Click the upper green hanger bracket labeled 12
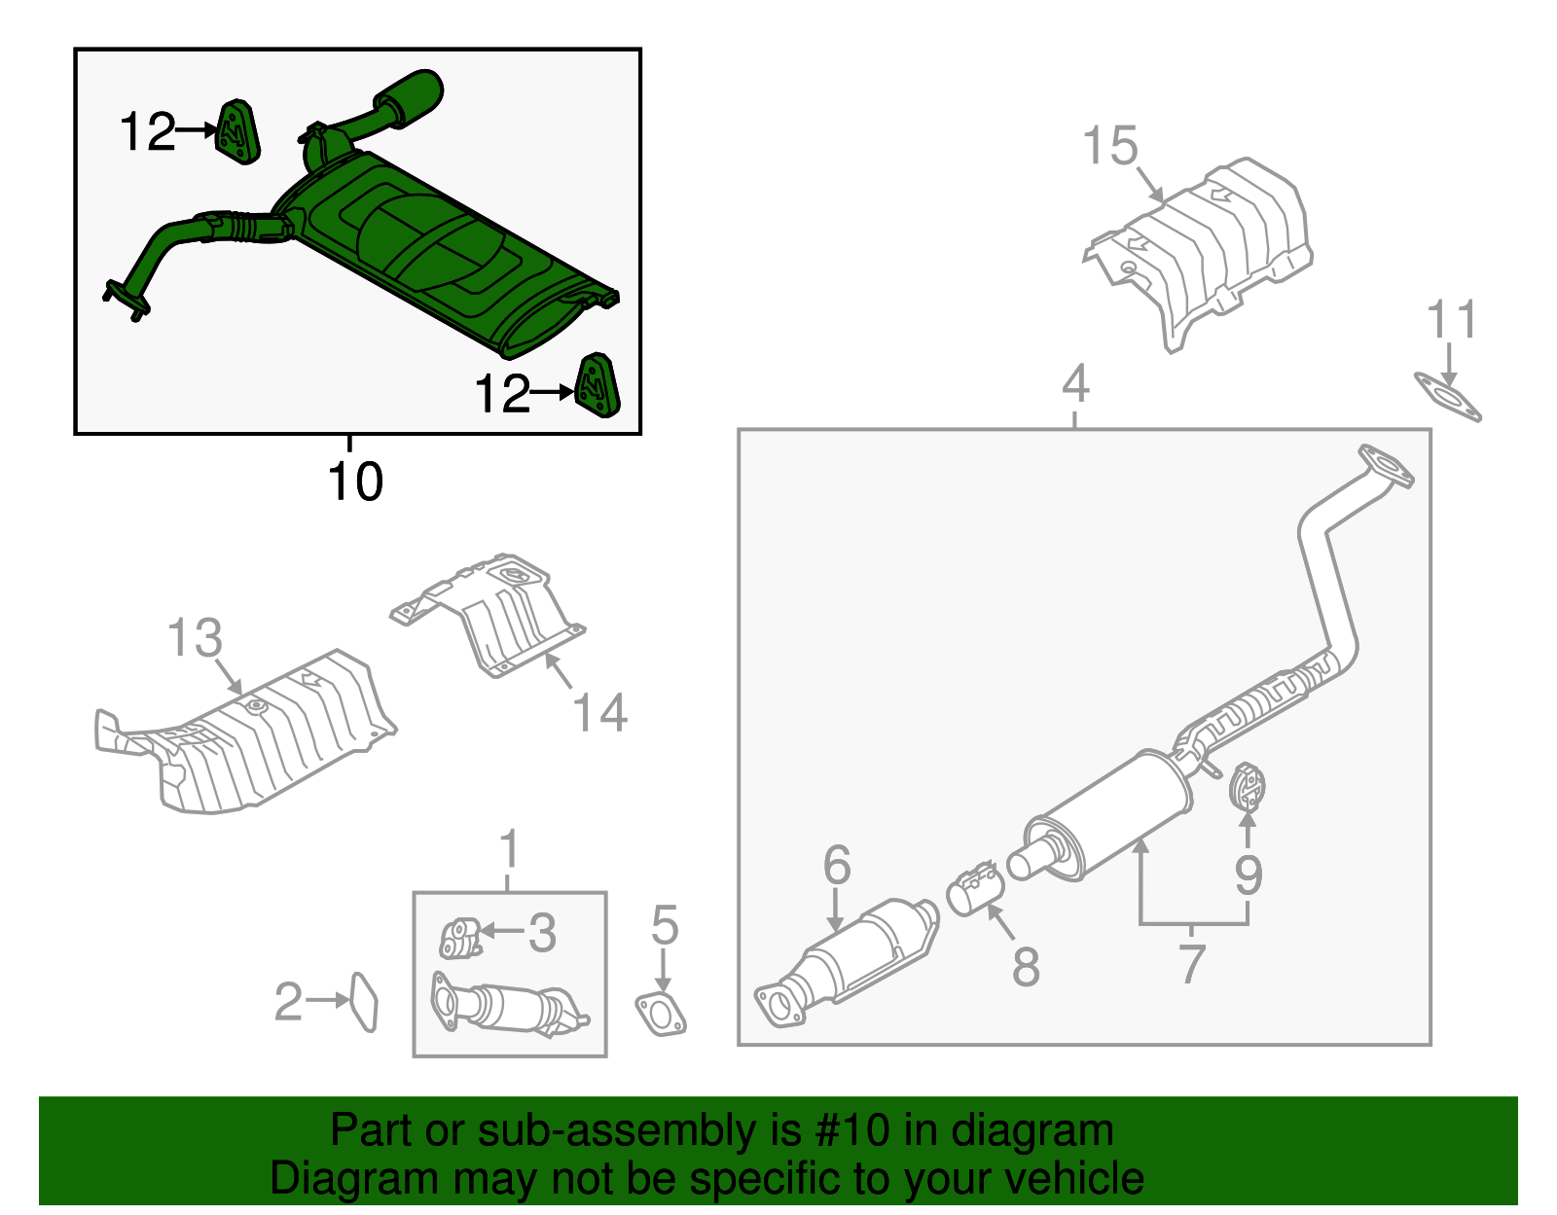236,131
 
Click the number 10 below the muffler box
355,482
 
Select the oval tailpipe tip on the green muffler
411,95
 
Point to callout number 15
1109,147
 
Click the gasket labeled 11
1448,400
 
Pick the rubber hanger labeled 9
1247,788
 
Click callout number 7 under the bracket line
1192,963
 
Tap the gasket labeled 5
662,1014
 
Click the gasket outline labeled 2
363,1002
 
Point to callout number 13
195,638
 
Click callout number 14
599,712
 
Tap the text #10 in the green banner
847,1130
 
